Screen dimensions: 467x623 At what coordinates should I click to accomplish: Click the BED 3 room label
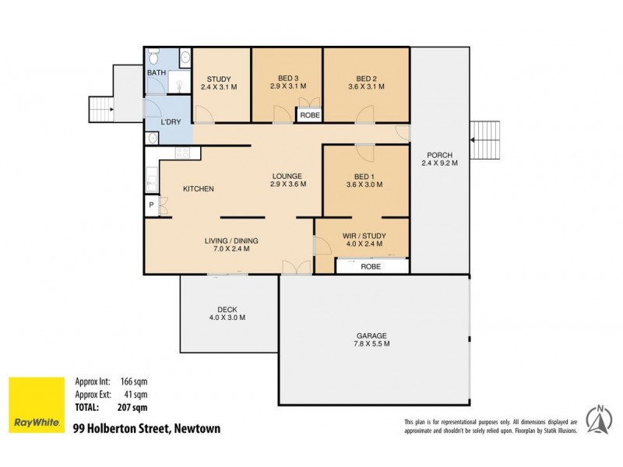point(287,78)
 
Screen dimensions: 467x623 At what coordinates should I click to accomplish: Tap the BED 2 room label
point(365,78)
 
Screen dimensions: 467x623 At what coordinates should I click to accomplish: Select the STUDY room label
point(218,78)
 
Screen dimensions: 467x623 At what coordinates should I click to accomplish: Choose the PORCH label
point(439,154)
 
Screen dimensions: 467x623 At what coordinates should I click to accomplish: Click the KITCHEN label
point(198,189)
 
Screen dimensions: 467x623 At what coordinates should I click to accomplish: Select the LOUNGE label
point(287,175)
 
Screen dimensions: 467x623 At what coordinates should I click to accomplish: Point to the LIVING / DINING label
point(231,241)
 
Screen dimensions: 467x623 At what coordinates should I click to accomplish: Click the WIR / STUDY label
point(364,235)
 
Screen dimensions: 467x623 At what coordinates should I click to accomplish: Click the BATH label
point(157,74)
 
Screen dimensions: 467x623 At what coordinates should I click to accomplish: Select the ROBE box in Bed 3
point(309,115)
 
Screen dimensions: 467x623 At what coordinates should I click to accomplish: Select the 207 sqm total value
point(133,406)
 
